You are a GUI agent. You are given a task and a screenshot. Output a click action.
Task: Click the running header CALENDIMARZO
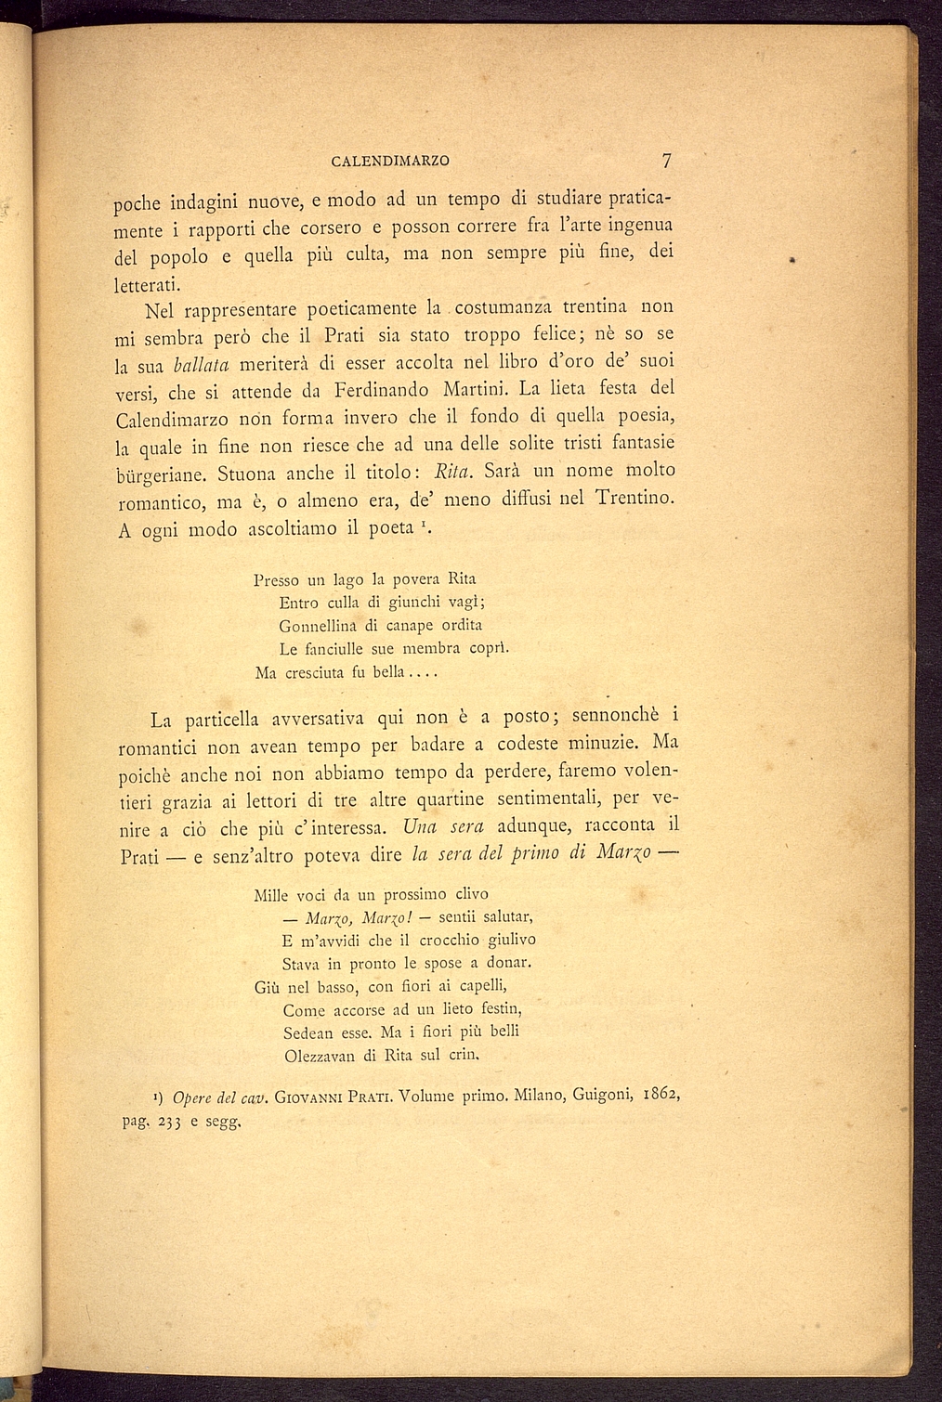point(390,161)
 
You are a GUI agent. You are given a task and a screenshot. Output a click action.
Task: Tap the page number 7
point(666,160)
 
